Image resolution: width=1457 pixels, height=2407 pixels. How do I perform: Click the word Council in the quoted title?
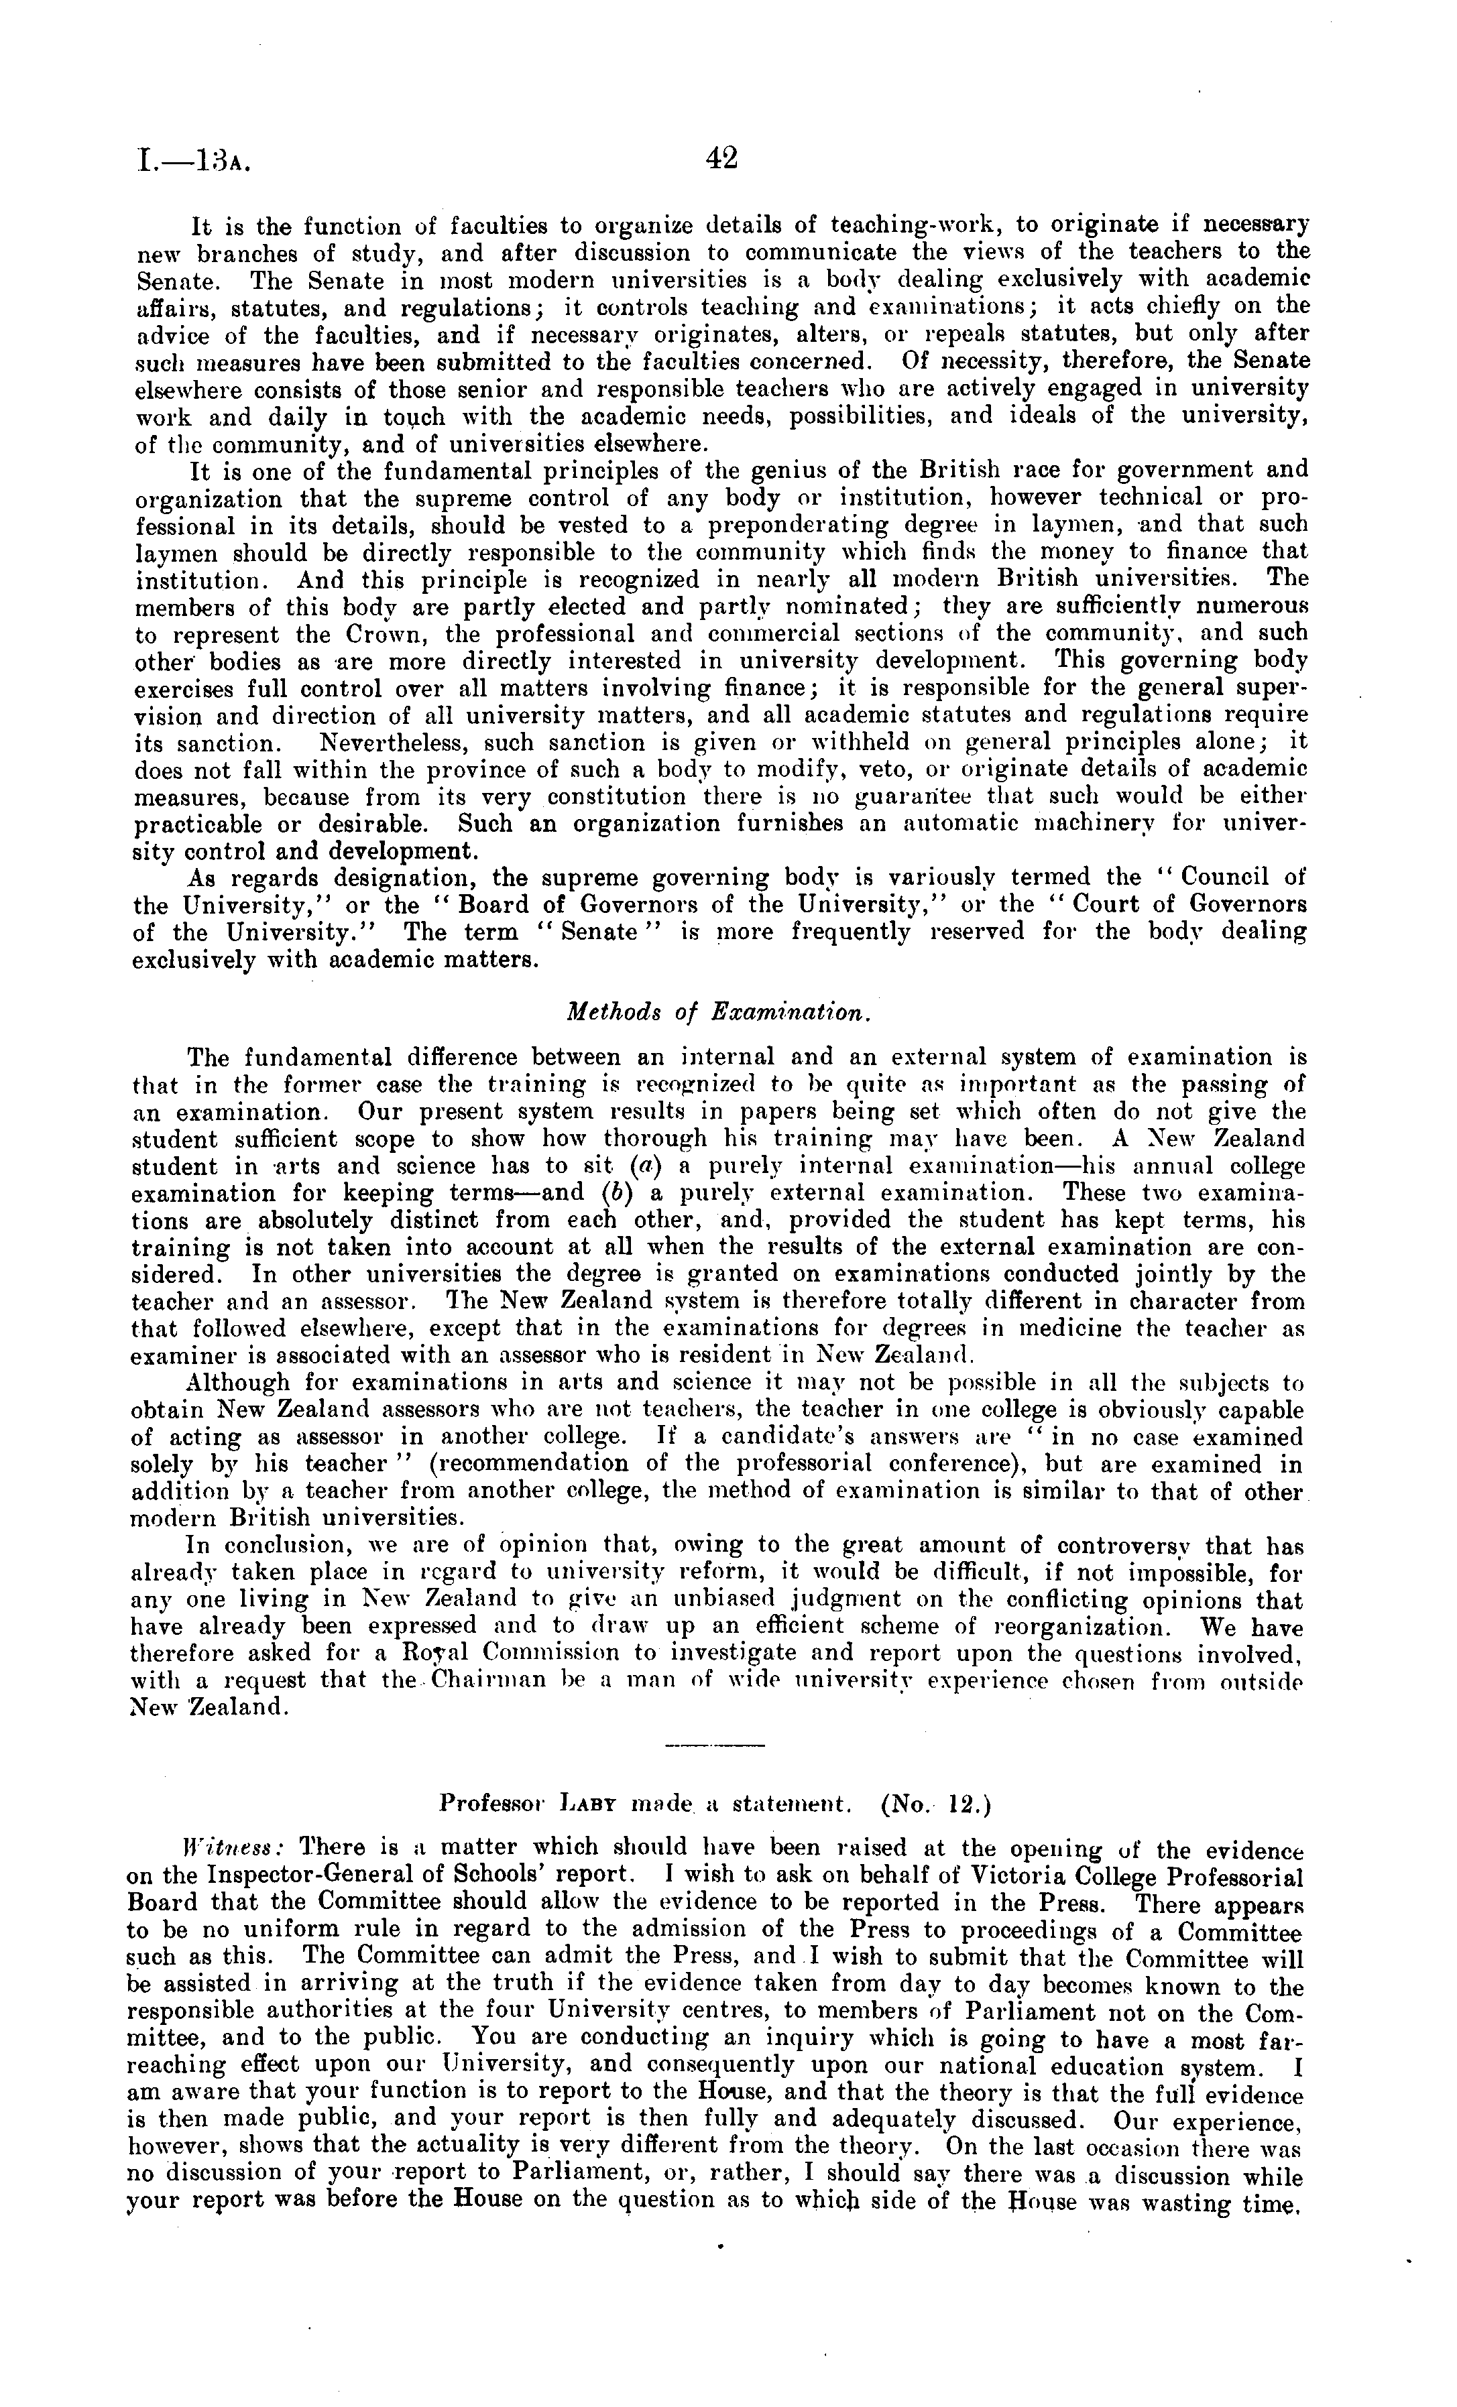pos(1226,877)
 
